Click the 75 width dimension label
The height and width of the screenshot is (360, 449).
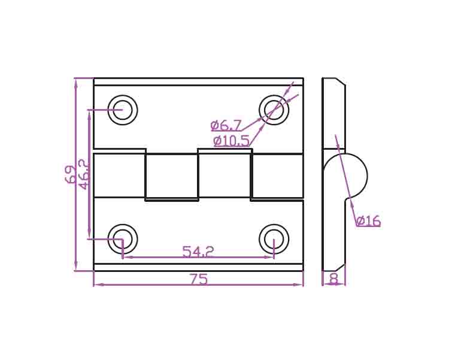point(199,279)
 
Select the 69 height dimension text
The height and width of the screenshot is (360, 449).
point(71,174)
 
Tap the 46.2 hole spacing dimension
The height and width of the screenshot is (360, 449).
point(84,174)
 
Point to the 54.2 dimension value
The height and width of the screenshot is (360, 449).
point(198,252)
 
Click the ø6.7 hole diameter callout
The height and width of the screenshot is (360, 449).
point(226,125)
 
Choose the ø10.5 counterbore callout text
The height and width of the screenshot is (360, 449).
point(231,141)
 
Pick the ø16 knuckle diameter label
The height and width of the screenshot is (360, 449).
point(369,220)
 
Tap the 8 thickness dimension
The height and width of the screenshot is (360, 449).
point(333,279)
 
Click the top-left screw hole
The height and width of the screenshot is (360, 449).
point(123,110)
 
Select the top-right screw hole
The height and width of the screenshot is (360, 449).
point(274,110)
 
